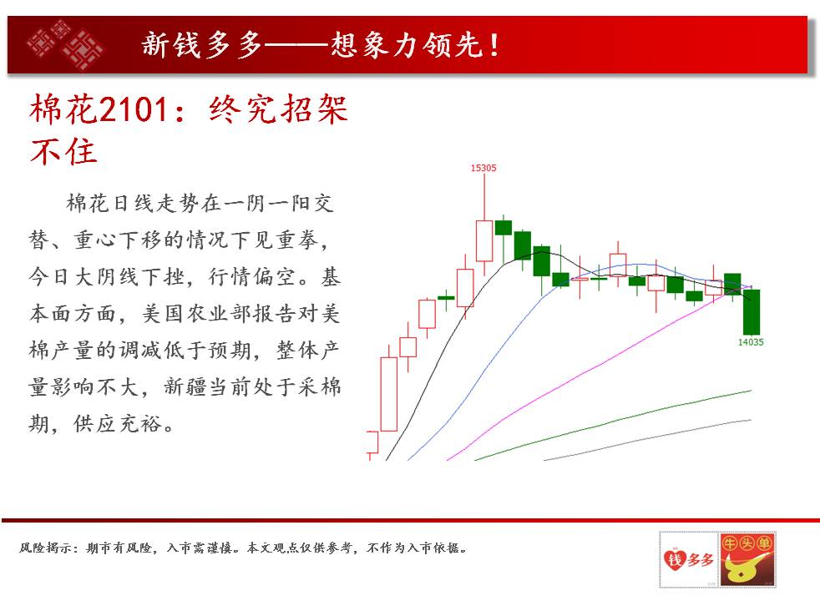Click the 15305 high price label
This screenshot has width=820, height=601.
coord(483,168)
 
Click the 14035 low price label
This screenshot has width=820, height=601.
coord(751,342)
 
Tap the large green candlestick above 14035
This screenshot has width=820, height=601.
coord(752,312)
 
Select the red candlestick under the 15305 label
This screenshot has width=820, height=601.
coord(484,241)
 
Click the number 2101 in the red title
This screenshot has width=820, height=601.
coord(134,109)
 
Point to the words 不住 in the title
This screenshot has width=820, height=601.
coord(63,152)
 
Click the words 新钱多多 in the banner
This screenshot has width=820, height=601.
coord(201,44)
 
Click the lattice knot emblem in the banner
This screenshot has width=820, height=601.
coord(65,44)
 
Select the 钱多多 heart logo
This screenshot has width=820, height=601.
coord(688,560)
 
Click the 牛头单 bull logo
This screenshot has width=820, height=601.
coord(747,560)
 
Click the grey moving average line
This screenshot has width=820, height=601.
coord(647,439)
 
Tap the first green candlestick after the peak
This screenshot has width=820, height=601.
coord(504,228)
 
